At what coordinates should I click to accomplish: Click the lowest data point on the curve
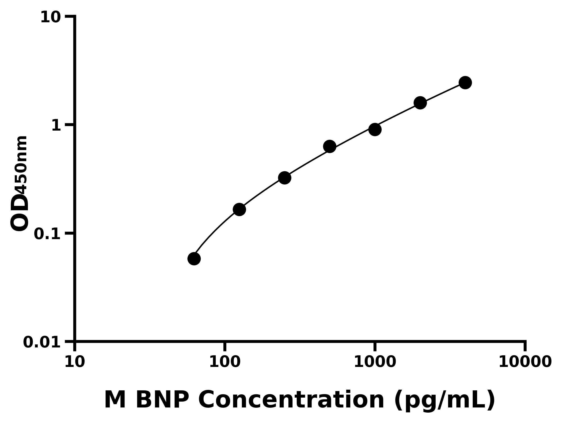click(194, 259)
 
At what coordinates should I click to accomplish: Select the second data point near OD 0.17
click(239, 209)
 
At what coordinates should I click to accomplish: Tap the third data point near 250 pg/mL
click(285, 178)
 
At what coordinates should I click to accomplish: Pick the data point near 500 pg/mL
click(330, 146)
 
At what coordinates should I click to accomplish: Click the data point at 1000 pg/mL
click(375, 129)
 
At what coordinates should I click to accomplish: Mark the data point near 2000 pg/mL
click(420, 103)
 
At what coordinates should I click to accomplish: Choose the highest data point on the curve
click(465, 83)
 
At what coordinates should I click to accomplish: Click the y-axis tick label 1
click(56, 126)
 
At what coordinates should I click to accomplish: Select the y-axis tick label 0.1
click(47, 234)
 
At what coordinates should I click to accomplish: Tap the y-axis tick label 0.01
click(42, 342)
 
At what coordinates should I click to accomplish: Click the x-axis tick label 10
click(75, 362)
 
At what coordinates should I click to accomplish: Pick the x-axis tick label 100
click(225, 362)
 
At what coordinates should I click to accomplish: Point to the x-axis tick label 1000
click(375, 362)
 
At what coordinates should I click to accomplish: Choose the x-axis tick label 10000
click(525, 362)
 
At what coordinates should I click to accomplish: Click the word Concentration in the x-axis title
click(291, 400)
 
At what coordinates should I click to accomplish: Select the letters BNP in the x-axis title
click(162, 400)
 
